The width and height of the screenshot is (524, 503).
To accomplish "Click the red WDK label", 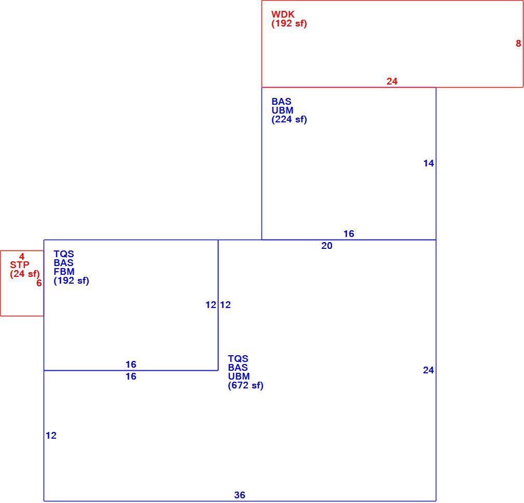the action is coord(283,15).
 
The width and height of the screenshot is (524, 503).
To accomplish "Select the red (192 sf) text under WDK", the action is coord(289,23).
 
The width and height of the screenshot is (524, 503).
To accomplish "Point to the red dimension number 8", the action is coord(518,44).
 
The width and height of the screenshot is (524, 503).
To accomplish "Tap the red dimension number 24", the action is coord(392,81).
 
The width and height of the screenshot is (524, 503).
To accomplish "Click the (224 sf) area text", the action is coord(289,119).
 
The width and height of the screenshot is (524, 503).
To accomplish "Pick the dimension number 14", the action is coord(429,163).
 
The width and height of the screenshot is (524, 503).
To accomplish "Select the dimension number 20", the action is coord(327,246).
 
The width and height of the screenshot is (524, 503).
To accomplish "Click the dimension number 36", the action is coord(240,495).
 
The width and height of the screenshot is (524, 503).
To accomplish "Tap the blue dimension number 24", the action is coord(429,370).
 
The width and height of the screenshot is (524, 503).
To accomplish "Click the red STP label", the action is coord(19,265).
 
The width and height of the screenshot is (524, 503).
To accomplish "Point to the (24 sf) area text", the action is coord(25,274).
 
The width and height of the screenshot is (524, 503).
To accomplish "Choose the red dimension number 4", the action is coord(22,257).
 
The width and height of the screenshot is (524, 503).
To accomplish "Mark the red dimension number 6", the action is coord(39,283).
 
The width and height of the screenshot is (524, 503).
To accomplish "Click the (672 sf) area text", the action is coord(245,385).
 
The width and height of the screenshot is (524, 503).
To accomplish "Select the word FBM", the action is coord(64,272).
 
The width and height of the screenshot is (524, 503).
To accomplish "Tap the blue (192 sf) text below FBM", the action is coord(71,281).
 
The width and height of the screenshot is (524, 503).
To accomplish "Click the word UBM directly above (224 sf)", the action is coord(282,110).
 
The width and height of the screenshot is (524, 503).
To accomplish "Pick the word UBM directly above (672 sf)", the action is coord(239,376).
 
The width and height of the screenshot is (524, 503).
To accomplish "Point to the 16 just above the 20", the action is coord(349,234).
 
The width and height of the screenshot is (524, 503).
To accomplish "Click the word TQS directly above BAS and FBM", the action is coord(64,254).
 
